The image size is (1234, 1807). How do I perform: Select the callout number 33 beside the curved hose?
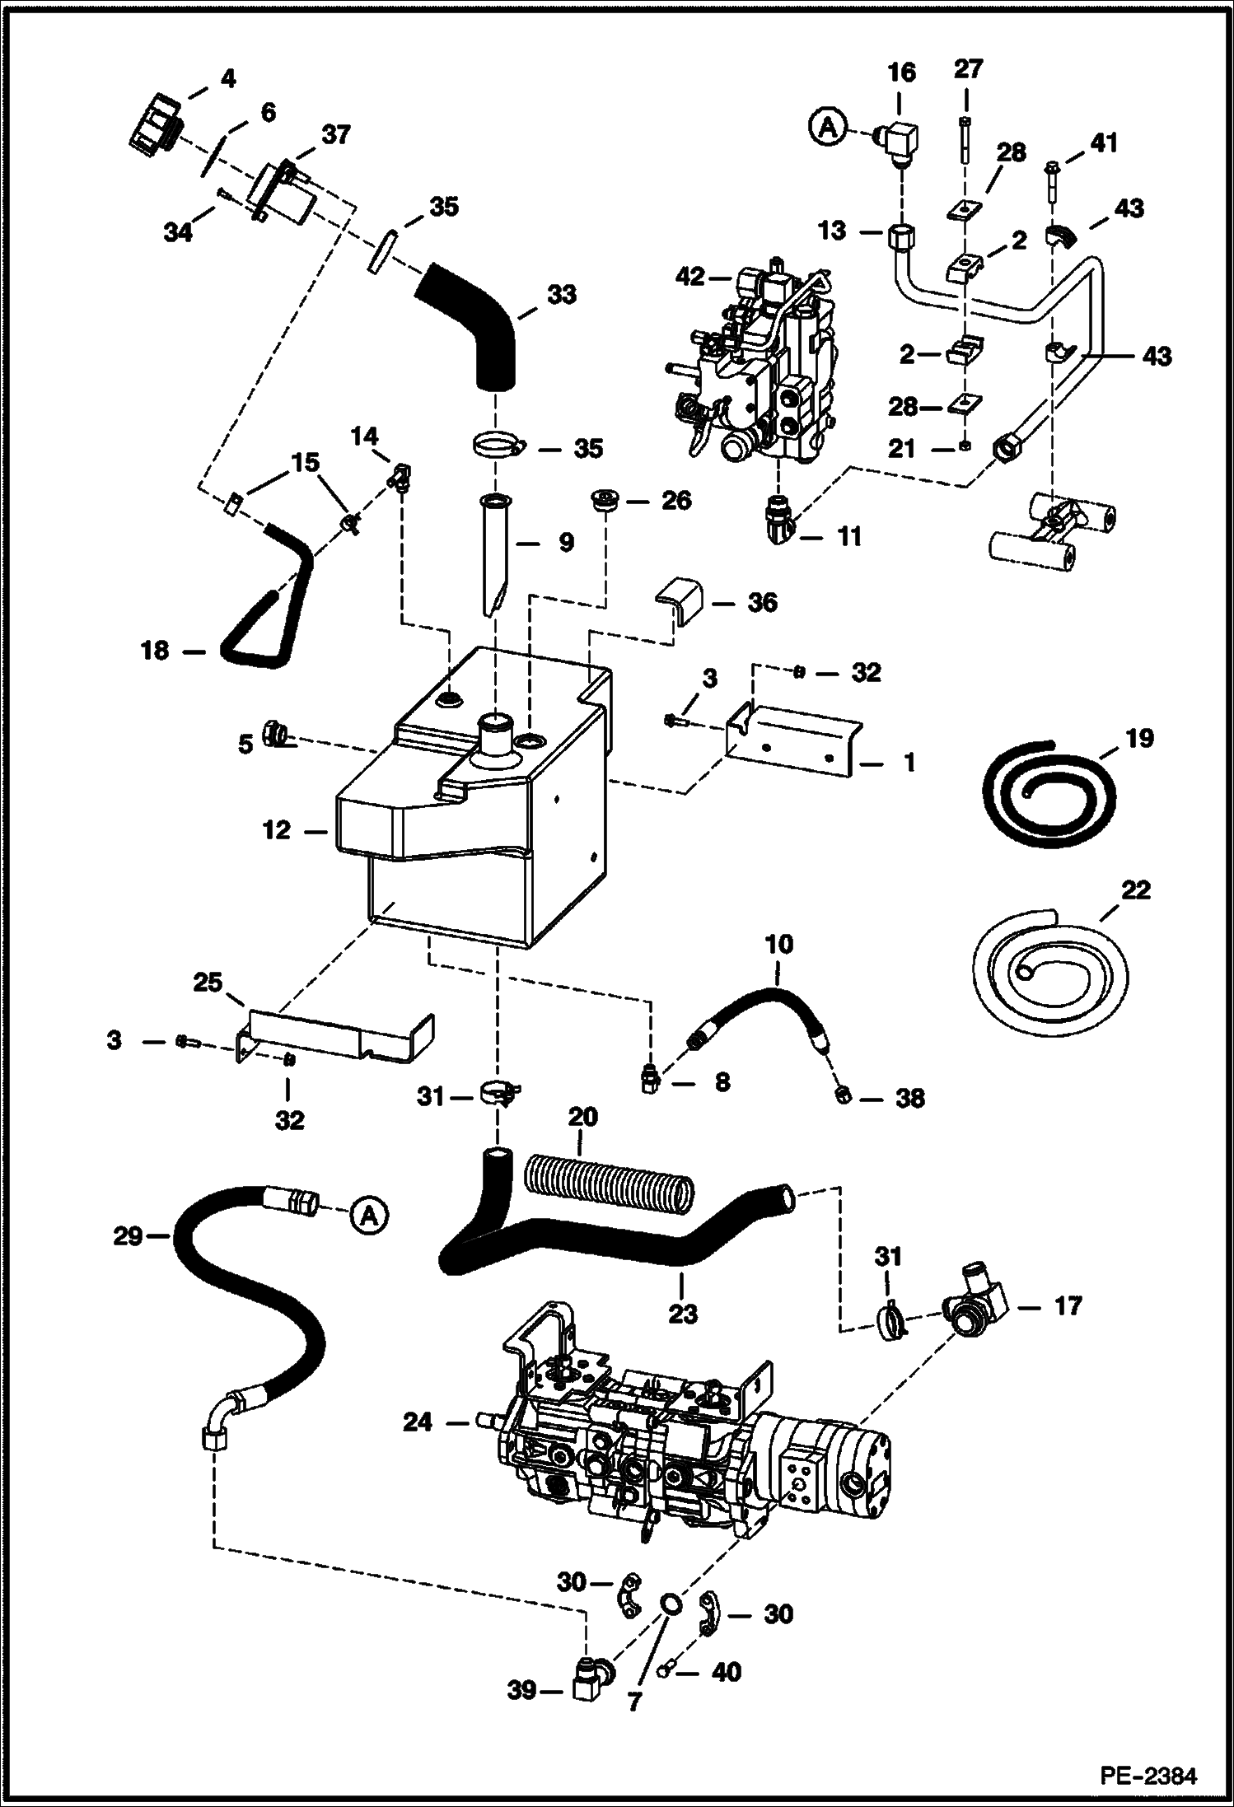[562, 295]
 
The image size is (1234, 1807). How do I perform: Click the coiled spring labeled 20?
[608, 1183]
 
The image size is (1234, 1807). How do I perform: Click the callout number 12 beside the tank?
[277, 830]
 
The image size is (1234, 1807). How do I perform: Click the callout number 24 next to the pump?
[418, 1422]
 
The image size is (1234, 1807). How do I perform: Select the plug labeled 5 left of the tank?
[275, 731]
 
